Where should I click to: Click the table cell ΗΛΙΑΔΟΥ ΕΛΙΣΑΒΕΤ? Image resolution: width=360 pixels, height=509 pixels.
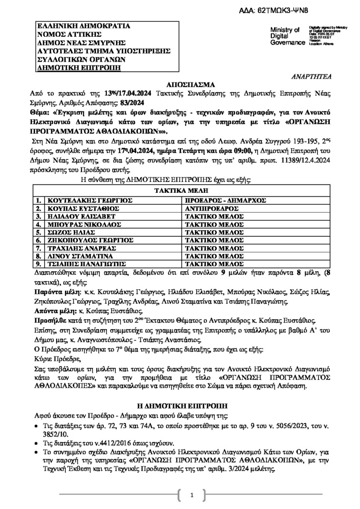coord(78,217)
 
